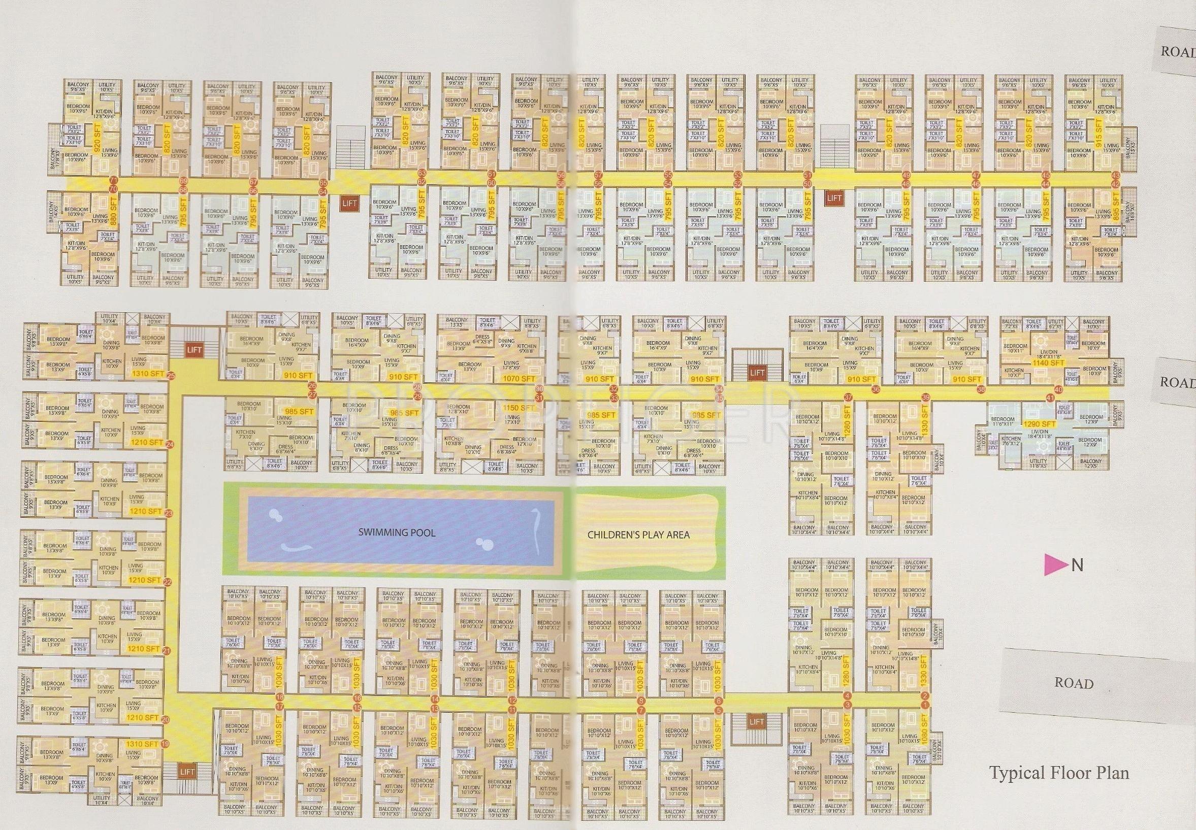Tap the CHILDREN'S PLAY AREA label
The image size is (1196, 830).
click(638, 534)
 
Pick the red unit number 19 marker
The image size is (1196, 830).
click(166, 744)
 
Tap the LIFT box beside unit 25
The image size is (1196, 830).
click(194, 350)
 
